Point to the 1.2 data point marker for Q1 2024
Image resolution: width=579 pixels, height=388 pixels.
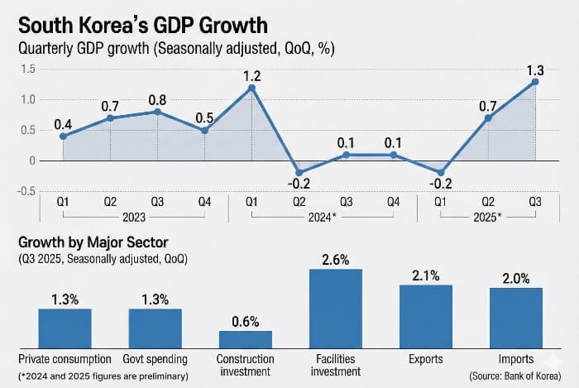251,88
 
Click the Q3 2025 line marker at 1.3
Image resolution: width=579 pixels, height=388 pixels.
535,81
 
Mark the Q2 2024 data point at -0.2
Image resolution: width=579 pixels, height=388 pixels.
299,173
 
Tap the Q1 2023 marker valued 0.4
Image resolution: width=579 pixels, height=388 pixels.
63,137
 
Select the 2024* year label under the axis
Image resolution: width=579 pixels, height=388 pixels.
323,218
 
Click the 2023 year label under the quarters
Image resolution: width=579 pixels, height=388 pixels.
133,218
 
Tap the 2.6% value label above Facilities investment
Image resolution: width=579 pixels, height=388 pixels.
335,259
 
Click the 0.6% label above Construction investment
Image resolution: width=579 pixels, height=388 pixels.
246,320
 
